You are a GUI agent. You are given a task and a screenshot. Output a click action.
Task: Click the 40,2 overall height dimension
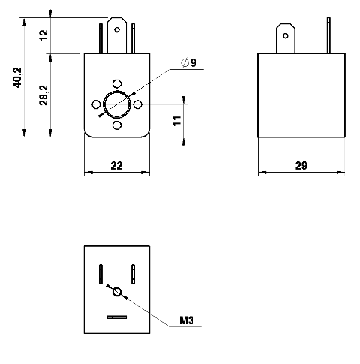(18, 77)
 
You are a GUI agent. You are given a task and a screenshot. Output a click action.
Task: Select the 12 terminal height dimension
(43, 35)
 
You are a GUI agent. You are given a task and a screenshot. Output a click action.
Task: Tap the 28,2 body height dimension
(43, 95)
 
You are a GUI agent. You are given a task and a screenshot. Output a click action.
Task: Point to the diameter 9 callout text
(189, 62)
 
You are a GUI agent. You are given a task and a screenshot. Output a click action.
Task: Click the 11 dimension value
(177, 121)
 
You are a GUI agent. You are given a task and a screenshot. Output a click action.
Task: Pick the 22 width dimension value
(117, 166)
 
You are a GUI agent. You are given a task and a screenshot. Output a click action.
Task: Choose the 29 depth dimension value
(301, 166)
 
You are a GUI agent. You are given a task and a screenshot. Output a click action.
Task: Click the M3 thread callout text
(187, 320)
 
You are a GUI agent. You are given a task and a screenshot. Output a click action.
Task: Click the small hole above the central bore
(117, 83)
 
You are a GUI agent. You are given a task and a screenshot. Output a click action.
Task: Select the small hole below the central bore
(117, 125)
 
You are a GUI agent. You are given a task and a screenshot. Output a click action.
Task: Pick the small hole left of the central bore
(96, 104)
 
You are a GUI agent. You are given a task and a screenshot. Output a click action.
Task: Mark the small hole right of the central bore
(138, 104)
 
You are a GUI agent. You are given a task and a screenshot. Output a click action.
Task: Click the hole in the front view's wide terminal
(117, 30)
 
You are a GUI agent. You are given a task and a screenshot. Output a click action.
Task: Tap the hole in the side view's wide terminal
(286, 36)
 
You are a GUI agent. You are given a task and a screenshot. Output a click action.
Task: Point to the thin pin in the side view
(328, 35)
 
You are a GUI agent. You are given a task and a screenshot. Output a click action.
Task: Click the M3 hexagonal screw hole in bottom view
(117, 292)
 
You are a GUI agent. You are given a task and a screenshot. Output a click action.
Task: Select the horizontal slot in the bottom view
(117, 317)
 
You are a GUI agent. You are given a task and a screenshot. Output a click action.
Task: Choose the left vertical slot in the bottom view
(100, 274)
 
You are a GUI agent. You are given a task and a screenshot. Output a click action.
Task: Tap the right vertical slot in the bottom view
(133, 274)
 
